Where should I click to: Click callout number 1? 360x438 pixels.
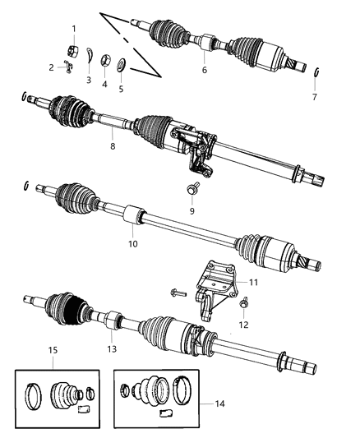(x=74, y=29)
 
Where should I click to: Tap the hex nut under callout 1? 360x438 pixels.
(x=72, y=48)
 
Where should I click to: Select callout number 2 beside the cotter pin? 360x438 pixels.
(x=51, y=67)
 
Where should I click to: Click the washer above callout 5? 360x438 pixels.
(x=121, y=64)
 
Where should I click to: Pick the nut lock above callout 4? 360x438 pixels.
(x=105, y=59)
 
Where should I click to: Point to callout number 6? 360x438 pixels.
(x=205, y=71)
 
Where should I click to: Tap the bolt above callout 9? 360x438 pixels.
(x=190, y=188)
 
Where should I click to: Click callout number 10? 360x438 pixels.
(x=132, y=244)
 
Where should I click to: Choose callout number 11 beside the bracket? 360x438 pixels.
(x=253, y=282)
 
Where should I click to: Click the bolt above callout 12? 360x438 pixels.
(x=244, y=304)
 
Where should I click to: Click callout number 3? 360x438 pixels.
(x=89, y=80)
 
